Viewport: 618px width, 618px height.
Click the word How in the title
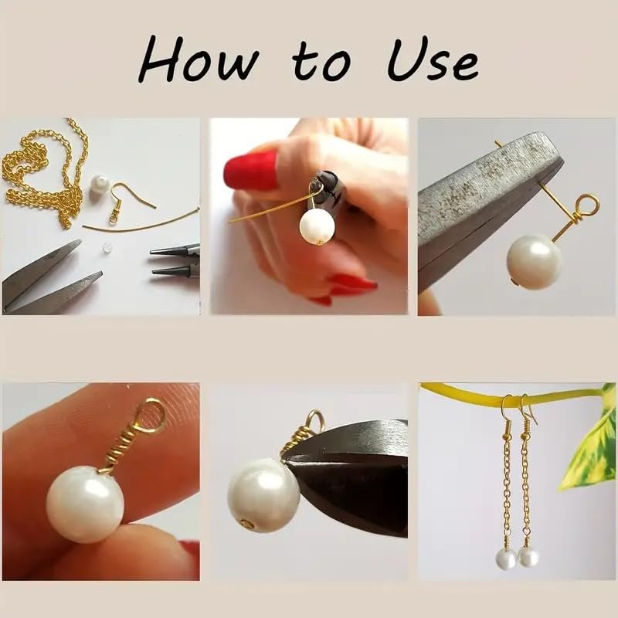click(x=199, y=59)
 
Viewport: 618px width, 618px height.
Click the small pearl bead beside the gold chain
click(x=99, y=184)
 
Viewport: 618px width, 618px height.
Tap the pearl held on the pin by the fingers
click(x=317, y=226)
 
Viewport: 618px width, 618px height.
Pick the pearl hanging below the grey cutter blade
click(x=534, y=261)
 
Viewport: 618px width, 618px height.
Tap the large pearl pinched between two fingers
click(x=85, y=504)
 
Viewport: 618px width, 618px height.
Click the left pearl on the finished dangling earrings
click(x=507, y=559)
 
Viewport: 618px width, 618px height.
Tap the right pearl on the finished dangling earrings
click(x=528, y=556)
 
